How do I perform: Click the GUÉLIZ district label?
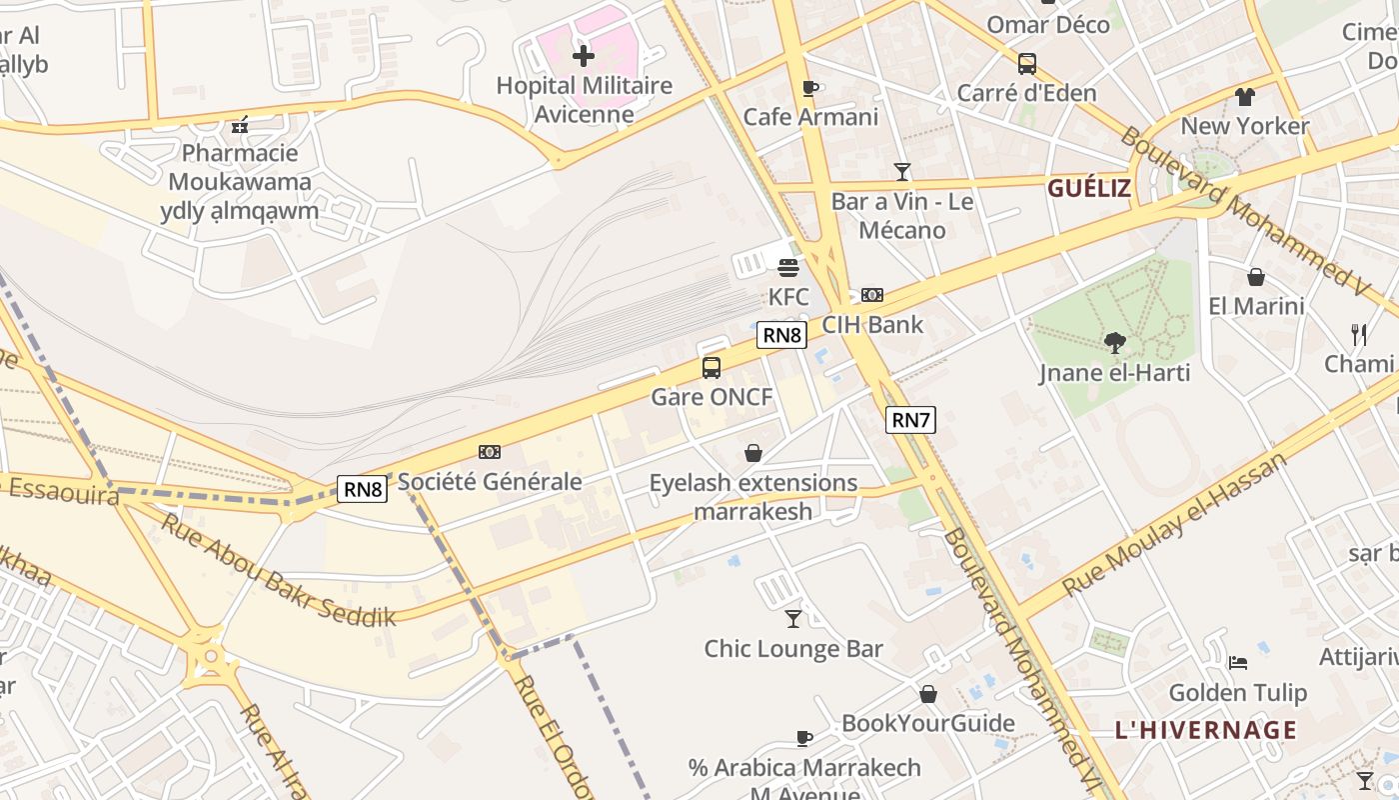click(x=1088, y=188)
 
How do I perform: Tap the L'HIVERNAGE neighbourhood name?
click(x=1205, y=730)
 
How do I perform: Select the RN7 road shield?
click(x=910, y=420)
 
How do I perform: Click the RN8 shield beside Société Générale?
click(x=363, y=489)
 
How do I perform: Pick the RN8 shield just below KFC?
click(x=781, y=335)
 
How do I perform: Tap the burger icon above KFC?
click(x=788, y=268)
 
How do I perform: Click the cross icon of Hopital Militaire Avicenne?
click(x=584, y=56)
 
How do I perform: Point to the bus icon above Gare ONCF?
click(x=711, y=367)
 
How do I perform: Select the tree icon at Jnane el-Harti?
click(x=1114, y=344)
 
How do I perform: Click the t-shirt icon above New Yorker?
click(x=1244, y=97)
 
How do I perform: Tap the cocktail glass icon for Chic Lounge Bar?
click(x=793, y=619)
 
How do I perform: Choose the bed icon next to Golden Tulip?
click(x=1238, y=663)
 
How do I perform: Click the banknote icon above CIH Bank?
click(x=872, y=295)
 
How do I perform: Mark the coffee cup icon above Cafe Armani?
click(x=810, y=88)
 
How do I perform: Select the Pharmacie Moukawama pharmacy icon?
click(x=240, y=125)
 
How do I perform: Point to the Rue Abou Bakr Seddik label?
click(x=279, y=571)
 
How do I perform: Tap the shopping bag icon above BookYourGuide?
click(x=928, y=694)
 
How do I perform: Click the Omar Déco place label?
click(x=1048, y=24)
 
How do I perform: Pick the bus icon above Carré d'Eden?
click(x=1026, y=64)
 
